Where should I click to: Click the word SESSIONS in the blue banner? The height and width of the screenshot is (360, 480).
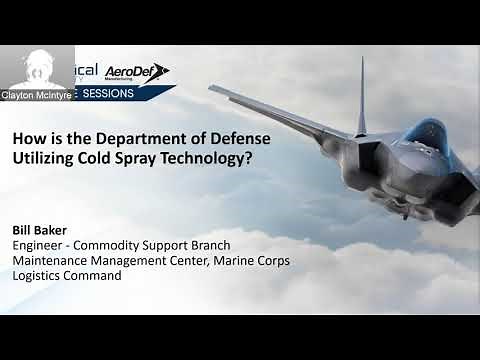click(127, 93)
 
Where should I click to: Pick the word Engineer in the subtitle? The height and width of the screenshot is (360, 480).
click(39, 245)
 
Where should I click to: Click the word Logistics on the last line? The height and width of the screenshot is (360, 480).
click(37, 275)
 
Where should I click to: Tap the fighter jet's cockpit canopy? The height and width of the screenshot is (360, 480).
click(426, 134)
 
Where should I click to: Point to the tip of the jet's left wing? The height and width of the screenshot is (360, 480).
click(213, 87)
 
